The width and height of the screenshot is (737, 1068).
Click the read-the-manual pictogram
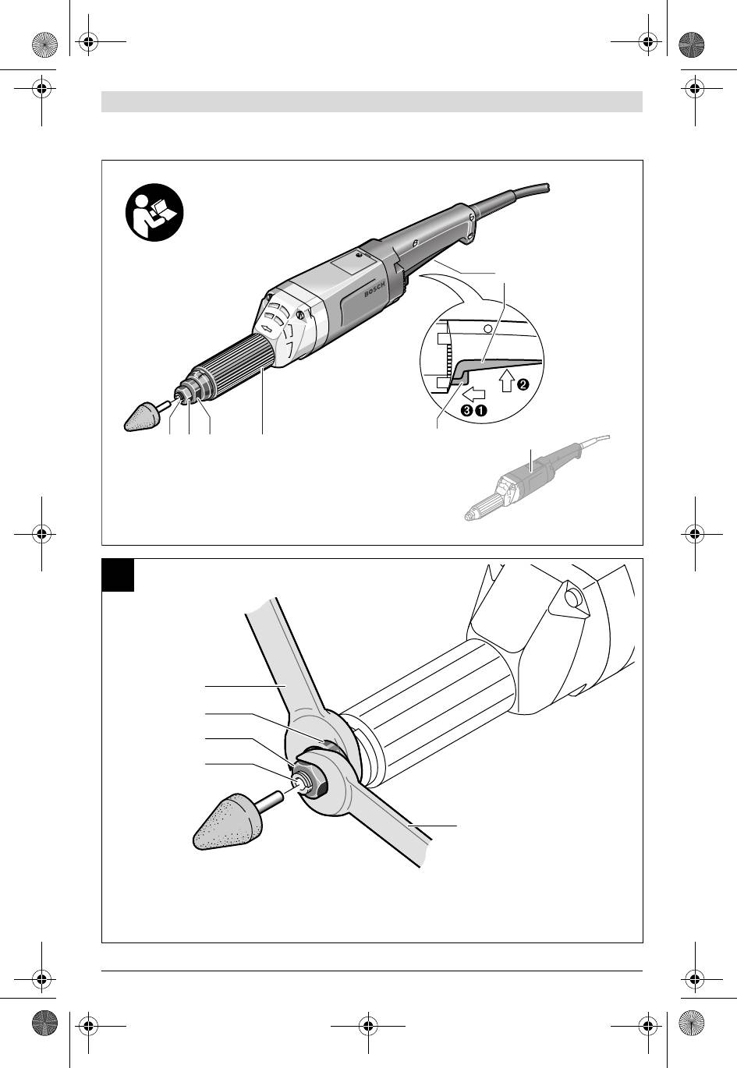(154, 212)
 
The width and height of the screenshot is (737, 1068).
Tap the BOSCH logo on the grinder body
(374, 288)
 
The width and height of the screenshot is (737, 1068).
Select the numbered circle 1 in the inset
(482, 409)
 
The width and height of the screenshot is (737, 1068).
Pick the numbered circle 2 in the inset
(523, 384)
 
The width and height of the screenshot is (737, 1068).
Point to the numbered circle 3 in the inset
(467, 409)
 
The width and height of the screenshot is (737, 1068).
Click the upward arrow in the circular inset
(507, 381)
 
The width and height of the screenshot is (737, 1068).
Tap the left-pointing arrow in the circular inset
(474, 394)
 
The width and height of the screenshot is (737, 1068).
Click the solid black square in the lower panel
(118, 575)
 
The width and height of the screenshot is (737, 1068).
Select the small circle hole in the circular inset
(487, 329)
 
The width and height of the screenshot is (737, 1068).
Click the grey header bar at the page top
(372, 101)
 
